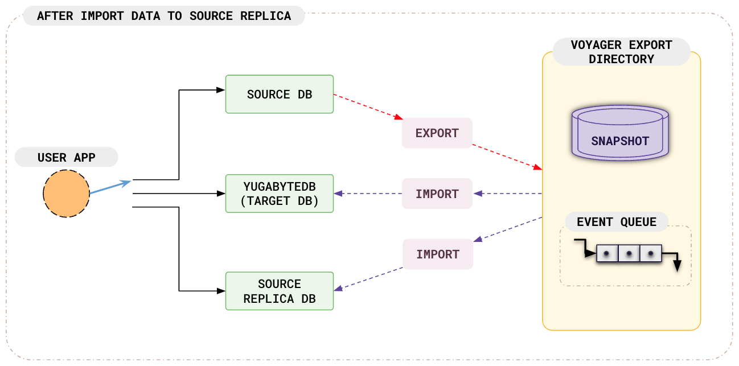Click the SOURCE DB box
[x=279, y=94]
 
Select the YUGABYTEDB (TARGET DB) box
[x=279, y=194]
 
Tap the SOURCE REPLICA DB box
[x=279, y=291]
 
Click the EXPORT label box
[x=437, y=133]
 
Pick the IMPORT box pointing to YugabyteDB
[x=437, y=194]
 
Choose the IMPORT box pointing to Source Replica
[x=437, y=254]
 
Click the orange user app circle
[x=66, y=194]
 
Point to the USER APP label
[x=66, y=158]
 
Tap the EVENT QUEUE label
[x=617, y=222]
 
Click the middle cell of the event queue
[x=629, y=253]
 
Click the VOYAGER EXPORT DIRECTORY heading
[x=621, y=52]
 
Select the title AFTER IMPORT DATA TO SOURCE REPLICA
[x=164, y=16]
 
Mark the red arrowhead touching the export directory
[x=537, y=167]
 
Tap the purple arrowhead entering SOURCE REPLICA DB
[x=338, y=289]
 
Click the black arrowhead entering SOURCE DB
[x=221, y=90]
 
